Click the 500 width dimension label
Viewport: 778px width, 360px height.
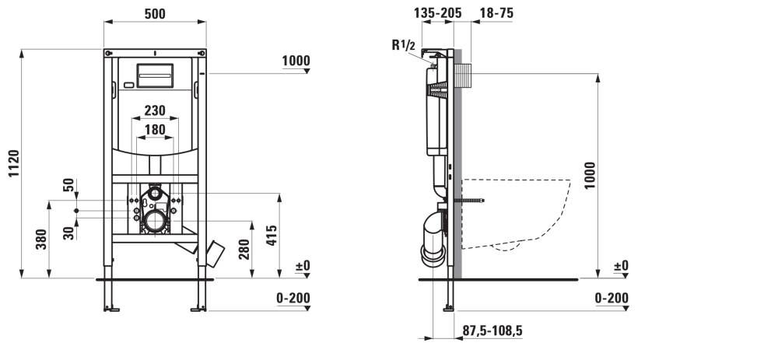(x=155, y=14)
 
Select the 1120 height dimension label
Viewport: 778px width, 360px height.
(x=14, y=163)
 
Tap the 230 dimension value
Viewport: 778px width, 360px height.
(x=155, y=110)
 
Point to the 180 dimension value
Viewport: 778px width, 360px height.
(x=155, y=130)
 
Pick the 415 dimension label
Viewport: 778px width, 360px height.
(x=271, y=236)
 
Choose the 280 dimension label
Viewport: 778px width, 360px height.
(x=244, y=249)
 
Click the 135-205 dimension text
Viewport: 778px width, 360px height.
(x=437, y=13)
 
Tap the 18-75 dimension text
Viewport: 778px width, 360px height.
(x=496, y=13)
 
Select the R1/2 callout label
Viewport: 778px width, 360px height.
(x=403, y=45)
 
